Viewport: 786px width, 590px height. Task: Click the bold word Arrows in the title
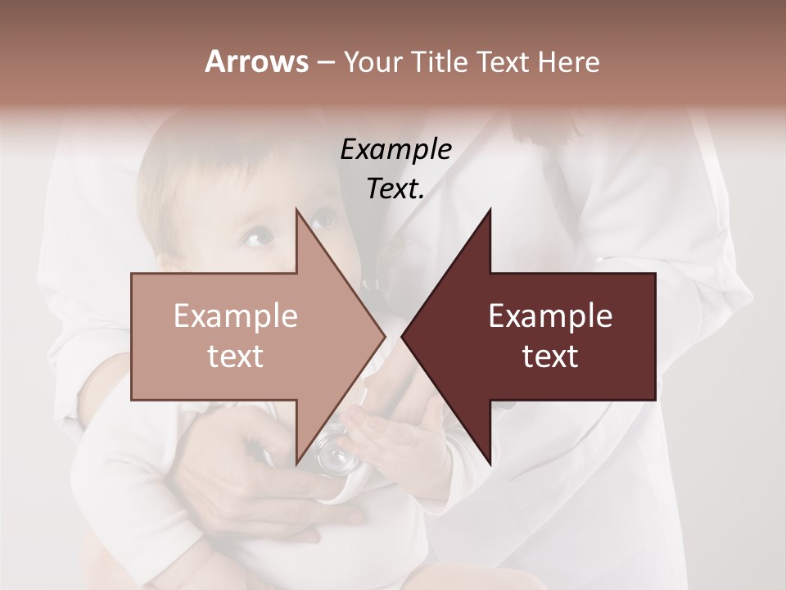tap(255, 61)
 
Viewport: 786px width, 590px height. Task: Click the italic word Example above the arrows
tap(395, 150)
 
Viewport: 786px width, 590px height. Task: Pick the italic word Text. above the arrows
tap(395, 188)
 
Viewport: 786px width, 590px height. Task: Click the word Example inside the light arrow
tap(236, 315)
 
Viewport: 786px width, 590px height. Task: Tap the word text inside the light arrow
tap(236, 356)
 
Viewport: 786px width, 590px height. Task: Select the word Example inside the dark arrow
tap(550, 315)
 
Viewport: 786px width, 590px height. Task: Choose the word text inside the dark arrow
tap(550, 356)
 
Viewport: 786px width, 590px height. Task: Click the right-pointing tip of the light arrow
tap(384, 336)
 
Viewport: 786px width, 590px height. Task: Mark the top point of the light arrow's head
tap(297, 210)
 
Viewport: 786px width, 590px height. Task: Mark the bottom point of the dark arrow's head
tap(490, 462)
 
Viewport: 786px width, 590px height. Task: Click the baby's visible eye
tap(258, 238)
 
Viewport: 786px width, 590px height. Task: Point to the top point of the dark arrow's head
tap(490, 210)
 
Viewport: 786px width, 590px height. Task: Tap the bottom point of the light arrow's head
tap(297, 462)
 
